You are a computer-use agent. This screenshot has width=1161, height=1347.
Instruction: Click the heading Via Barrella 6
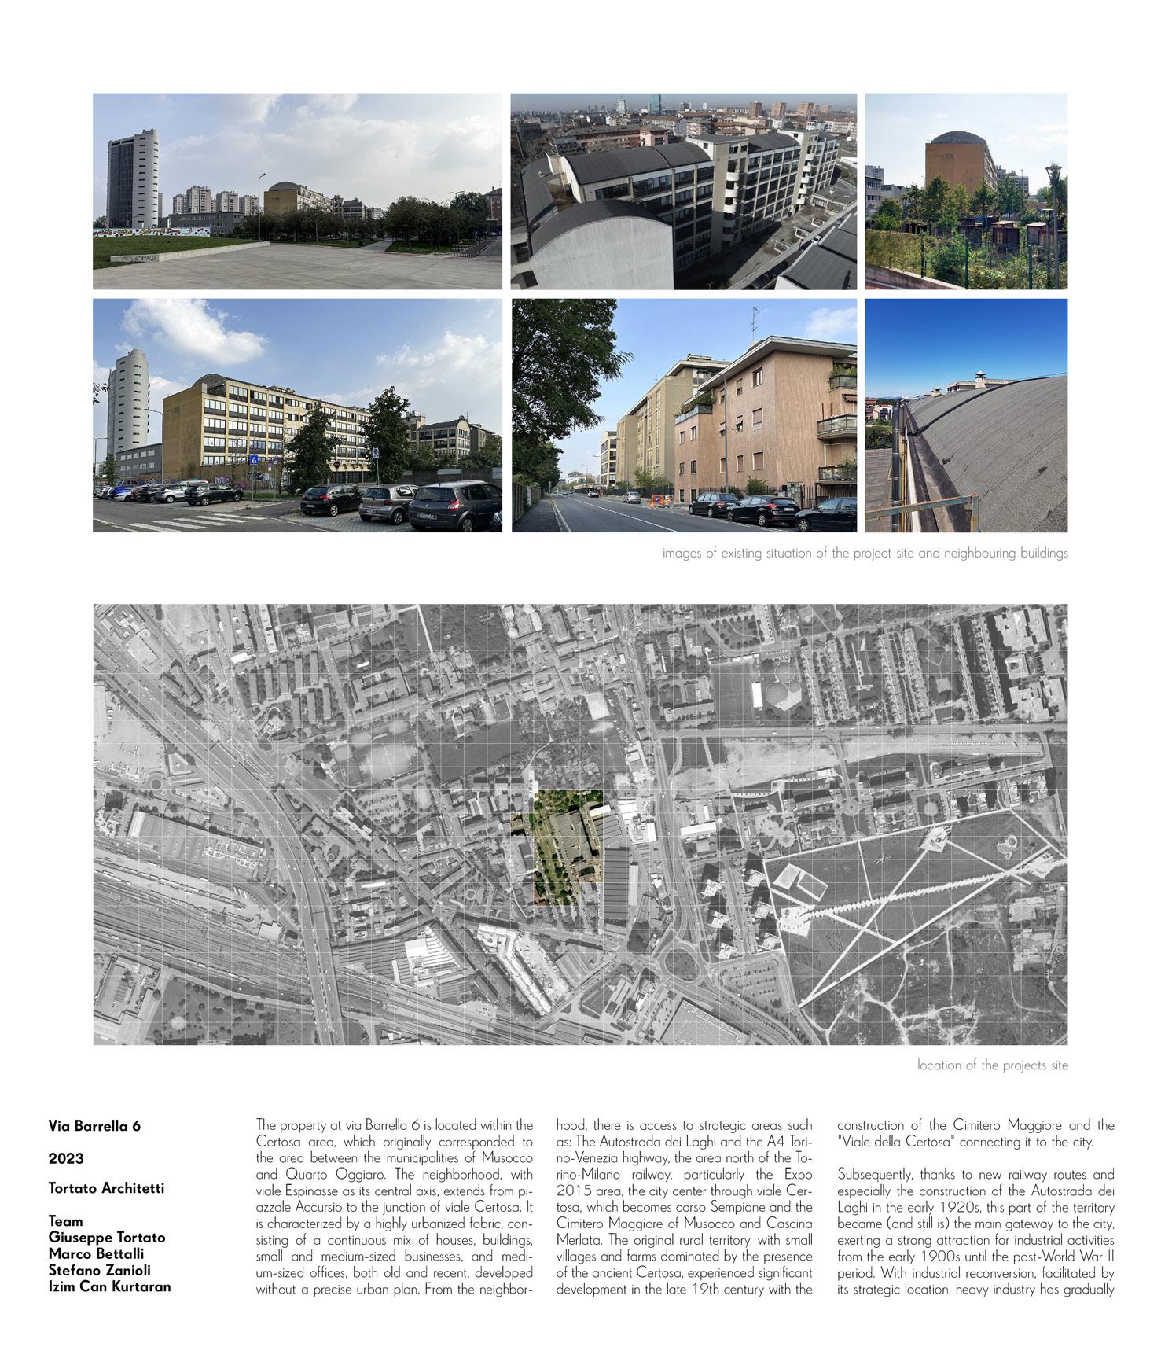coord(94,1125)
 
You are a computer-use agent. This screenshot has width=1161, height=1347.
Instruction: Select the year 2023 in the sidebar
coord(65,1158)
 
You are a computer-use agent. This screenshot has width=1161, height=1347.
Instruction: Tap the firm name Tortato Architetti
coord(106,1187)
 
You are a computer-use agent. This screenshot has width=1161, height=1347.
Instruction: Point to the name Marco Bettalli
coord(96,1253)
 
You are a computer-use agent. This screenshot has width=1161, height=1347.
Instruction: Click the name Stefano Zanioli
coord(99,1270)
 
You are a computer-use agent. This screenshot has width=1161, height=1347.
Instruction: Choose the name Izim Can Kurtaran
coord(109,1286)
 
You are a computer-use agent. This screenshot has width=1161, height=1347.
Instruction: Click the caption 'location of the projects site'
coord(992,1065)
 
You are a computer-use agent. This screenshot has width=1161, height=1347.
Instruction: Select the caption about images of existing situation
coord(865,553)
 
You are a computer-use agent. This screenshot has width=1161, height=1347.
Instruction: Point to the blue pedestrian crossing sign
coord(254,460)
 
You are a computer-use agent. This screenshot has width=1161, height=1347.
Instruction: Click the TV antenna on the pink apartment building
coord(756,319)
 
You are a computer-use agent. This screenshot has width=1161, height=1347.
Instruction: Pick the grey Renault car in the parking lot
coord(454,505)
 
